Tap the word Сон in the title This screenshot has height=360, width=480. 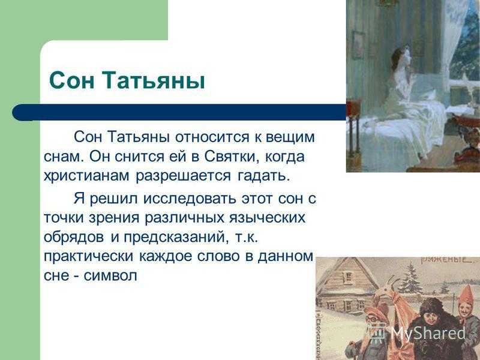click(71, 80)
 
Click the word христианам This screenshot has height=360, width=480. click(86, 176)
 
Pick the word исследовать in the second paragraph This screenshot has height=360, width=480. click(190, 199)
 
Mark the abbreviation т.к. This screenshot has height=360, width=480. click(247, 238)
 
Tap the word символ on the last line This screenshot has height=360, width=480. click(110, 276)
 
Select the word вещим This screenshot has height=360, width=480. click(290, 138)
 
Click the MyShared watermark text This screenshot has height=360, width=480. click(428, 334)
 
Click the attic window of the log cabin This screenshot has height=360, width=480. click(349, 278)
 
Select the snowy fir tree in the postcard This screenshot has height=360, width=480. click(410, 275)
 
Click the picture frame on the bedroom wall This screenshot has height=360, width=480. click(358, 45)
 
